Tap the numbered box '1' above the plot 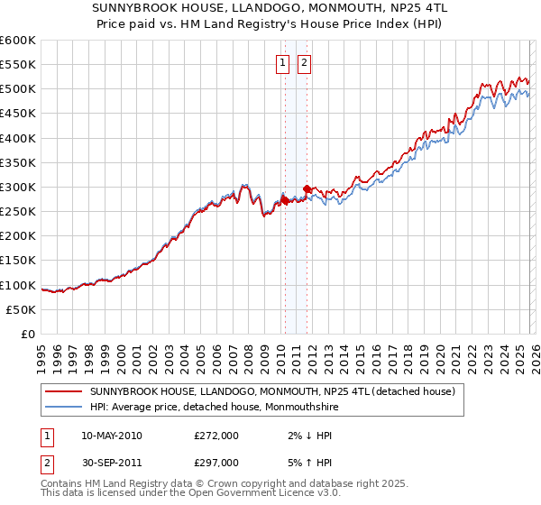(x=282, y=62)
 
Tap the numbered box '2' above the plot (x=305, y=62)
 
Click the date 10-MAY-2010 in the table (x=111, y=436)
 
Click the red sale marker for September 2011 (x=307, y=188)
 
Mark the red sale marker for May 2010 (x=285, y=201)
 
